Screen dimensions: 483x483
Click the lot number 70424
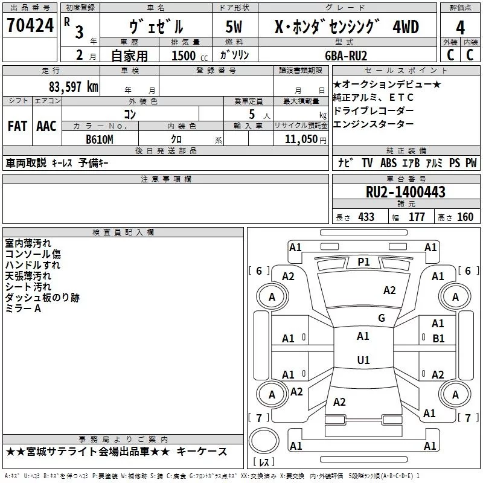[31, 27]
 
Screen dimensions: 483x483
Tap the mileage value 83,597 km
[74, 86]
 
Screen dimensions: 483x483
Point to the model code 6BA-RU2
[345, 55]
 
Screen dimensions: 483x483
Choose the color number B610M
[100, 139]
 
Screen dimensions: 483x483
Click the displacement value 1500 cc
[189, 56]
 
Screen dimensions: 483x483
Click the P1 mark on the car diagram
[363, 261]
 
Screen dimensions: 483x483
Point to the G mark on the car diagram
[381, 318]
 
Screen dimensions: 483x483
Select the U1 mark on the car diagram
[363, 360]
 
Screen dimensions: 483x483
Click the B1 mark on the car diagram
[438, 339]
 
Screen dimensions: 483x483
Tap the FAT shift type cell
[17, 126]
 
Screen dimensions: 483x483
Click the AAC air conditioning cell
[46, 126]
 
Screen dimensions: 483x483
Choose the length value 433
[365, 217]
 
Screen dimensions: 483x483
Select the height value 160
[465, 217]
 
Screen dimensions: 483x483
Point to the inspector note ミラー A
[23, 309]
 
